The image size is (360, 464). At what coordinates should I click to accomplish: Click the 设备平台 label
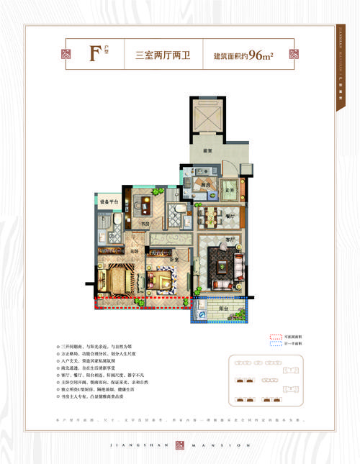point(108,202)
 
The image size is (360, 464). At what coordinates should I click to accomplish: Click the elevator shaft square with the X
point(207,118)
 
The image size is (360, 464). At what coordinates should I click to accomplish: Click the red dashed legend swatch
point(275,336)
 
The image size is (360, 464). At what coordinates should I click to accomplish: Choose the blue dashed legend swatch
point(275,345)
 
